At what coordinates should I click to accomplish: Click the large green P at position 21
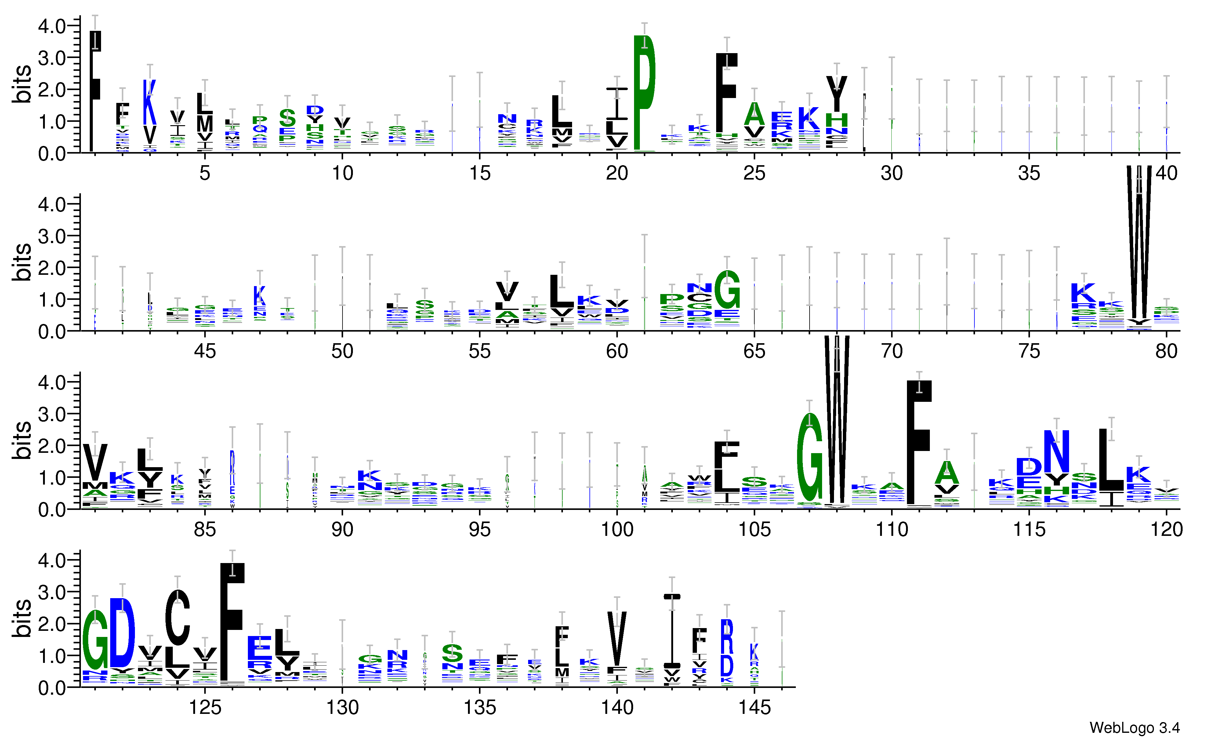644,74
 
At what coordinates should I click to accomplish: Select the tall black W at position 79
1139,246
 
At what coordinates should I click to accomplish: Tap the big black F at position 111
919,442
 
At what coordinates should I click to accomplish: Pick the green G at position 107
810,457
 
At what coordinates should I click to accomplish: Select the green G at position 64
727,290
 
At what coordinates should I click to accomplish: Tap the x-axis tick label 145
754,708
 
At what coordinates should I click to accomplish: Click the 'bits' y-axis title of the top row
22,84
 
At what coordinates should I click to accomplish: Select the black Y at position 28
836,93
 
